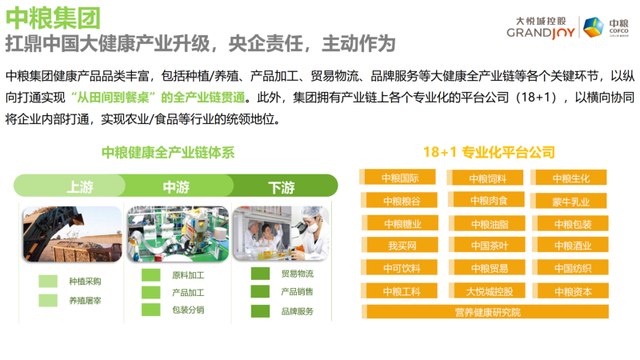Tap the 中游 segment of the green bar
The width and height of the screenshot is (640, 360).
click(x=177, y=186)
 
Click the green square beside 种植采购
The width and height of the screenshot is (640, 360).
click(x=48, y=282)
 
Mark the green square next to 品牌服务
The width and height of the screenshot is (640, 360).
click(x=261, y=311)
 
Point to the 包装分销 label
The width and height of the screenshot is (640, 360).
click(x=188, y=310)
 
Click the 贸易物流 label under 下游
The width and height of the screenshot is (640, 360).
click(x=298, y=274)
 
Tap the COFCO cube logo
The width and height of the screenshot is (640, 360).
click(x=593, y=27)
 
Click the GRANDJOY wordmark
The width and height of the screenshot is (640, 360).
click(x=541, y=33)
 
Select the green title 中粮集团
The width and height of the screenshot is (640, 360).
click(x=53, y=18)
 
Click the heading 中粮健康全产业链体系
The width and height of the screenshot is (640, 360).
click(x=168, y=152)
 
